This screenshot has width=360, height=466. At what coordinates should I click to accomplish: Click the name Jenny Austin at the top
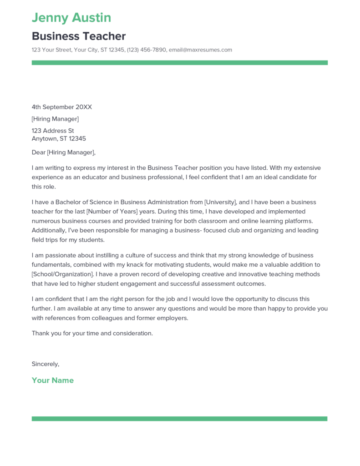pos(71,18)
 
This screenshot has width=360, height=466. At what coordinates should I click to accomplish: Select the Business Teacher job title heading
pos(78,36)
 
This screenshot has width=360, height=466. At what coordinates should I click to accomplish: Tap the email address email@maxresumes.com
pos(200,50)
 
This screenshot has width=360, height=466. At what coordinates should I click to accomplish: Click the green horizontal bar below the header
pos(179,63)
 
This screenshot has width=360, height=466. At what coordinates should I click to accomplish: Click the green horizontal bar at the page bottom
pos(179,418)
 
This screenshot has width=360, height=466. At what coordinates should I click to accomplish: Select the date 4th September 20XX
pos(61,107)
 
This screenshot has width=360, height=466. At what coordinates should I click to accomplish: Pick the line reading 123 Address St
pos(52,131)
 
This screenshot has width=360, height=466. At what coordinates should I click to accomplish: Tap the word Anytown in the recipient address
pos(45,139)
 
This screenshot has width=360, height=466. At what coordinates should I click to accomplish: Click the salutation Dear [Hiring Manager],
pos(64,152)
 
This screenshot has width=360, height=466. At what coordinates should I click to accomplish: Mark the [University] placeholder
pos(220,202)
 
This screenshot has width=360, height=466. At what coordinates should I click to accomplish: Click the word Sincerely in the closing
pos(45,364)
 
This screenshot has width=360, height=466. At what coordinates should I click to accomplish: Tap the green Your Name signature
pos(52,380)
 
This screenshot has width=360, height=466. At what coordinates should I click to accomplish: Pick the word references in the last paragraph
pos(61,318)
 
